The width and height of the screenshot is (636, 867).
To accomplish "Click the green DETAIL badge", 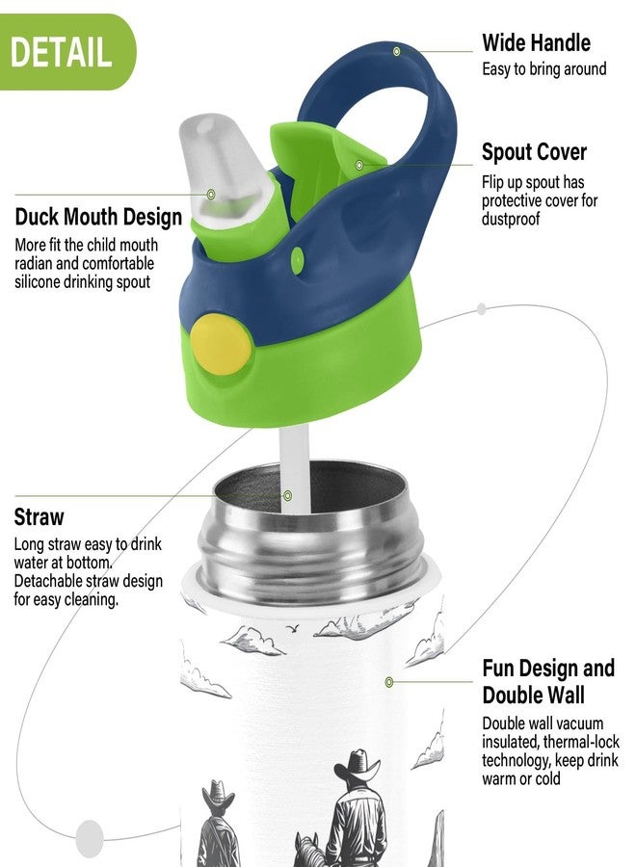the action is (x=66, y=52).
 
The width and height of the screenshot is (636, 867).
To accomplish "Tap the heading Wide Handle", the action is (x=536, y=42).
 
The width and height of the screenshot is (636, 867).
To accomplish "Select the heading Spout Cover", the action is (x=534, y=152).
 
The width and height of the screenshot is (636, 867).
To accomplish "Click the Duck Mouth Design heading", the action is (x=98, y=217).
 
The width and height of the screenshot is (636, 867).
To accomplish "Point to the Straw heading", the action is (x=40, y=517).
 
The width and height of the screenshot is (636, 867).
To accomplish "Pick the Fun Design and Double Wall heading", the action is (x=548, y=681).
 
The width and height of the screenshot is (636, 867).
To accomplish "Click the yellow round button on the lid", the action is (x=221, y=344).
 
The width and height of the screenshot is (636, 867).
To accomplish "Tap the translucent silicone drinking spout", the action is (x=223, y=166).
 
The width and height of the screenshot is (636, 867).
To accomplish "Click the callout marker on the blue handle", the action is (x=396, y=51).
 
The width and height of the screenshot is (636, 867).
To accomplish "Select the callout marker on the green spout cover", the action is (x=359, y=165).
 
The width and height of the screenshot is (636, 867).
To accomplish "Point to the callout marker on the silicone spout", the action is (x=211, y=194).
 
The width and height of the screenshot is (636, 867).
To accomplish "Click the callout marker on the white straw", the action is (x=287, y=495).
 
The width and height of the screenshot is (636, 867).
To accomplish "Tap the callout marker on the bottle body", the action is (x=389, y=682).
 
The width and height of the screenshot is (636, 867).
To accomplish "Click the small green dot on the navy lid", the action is (x=298, y=259).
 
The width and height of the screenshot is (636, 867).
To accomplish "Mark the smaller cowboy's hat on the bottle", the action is (x=218, y=793).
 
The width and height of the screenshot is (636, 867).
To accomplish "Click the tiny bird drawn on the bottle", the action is (x=293, y=627).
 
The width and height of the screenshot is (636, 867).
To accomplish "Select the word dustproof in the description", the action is (x=511, y=219).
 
